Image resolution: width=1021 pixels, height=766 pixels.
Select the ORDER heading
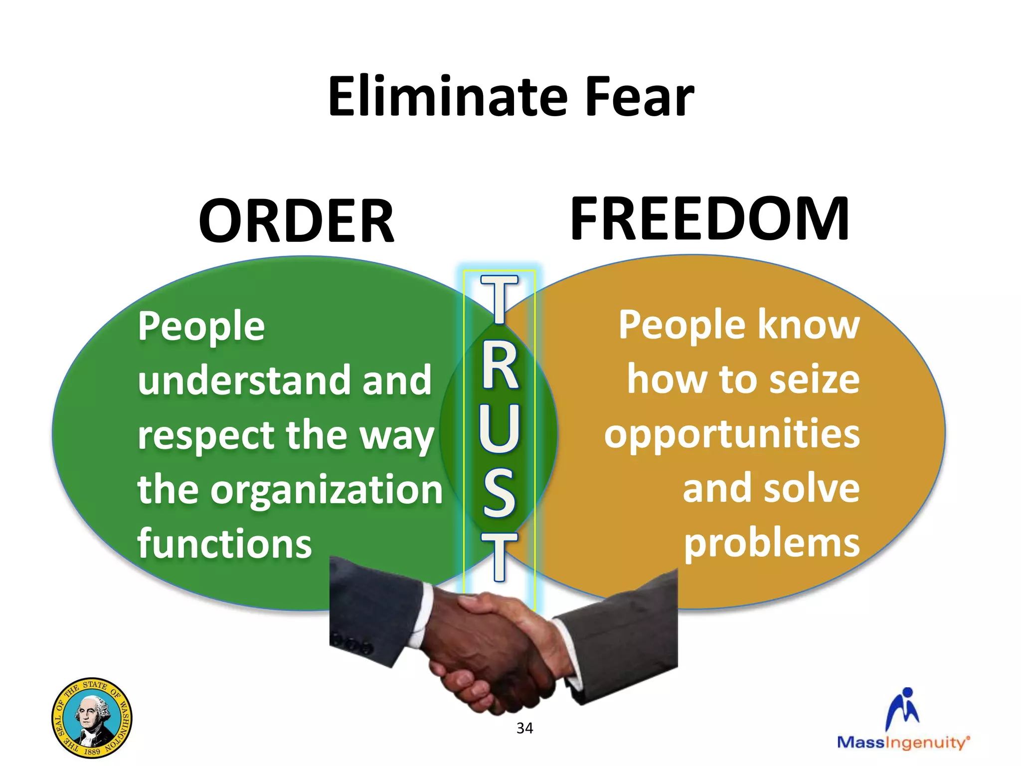(x=296, y=221)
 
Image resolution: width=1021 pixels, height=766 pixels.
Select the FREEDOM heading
(x=709, y=219)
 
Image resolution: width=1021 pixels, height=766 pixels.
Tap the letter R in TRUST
(x=500, y=367)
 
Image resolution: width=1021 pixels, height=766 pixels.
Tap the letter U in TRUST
(x=500, y=428)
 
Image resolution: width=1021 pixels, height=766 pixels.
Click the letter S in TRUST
(x=500, y=492)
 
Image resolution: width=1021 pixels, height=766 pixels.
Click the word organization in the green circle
(x=327, y=490)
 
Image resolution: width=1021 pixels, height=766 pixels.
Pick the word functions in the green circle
(x=224, y=543)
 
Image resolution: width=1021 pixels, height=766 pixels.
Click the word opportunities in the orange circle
(x=732, y=434)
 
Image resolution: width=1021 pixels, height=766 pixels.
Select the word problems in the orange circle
(x=771, y=542)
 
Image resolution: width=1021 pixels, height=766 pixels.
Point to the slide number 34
(x=524, y=728)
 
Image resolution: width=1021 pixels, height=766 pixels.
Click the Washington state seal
(x=92, y=718)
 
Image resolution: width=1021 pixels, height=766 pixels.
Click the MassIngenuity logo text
(x=903, y=743)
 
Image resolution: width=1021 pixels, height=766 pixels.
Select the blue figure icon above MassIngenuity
(x=903, y=708)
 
